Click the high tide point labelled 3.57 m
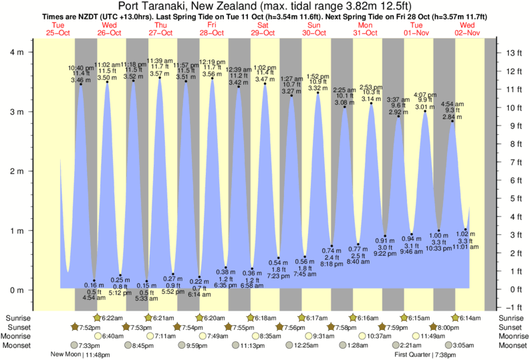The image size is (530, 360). coord(160,77)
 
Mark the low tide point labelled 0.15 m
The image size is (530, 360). coord(147,281)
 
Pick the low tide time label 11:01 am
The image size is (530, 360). coord(466,246)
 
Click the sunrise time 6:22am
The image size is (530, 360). coord(116,318)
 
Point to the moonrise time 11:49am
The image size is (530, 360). coord(428,336)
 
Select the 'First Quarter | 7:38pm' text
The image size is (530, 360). coord(430,355)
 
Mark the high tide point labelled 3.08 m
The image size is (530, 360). coord(345,107)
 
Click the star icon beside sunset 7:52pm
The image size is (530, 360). coord(75,327)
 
